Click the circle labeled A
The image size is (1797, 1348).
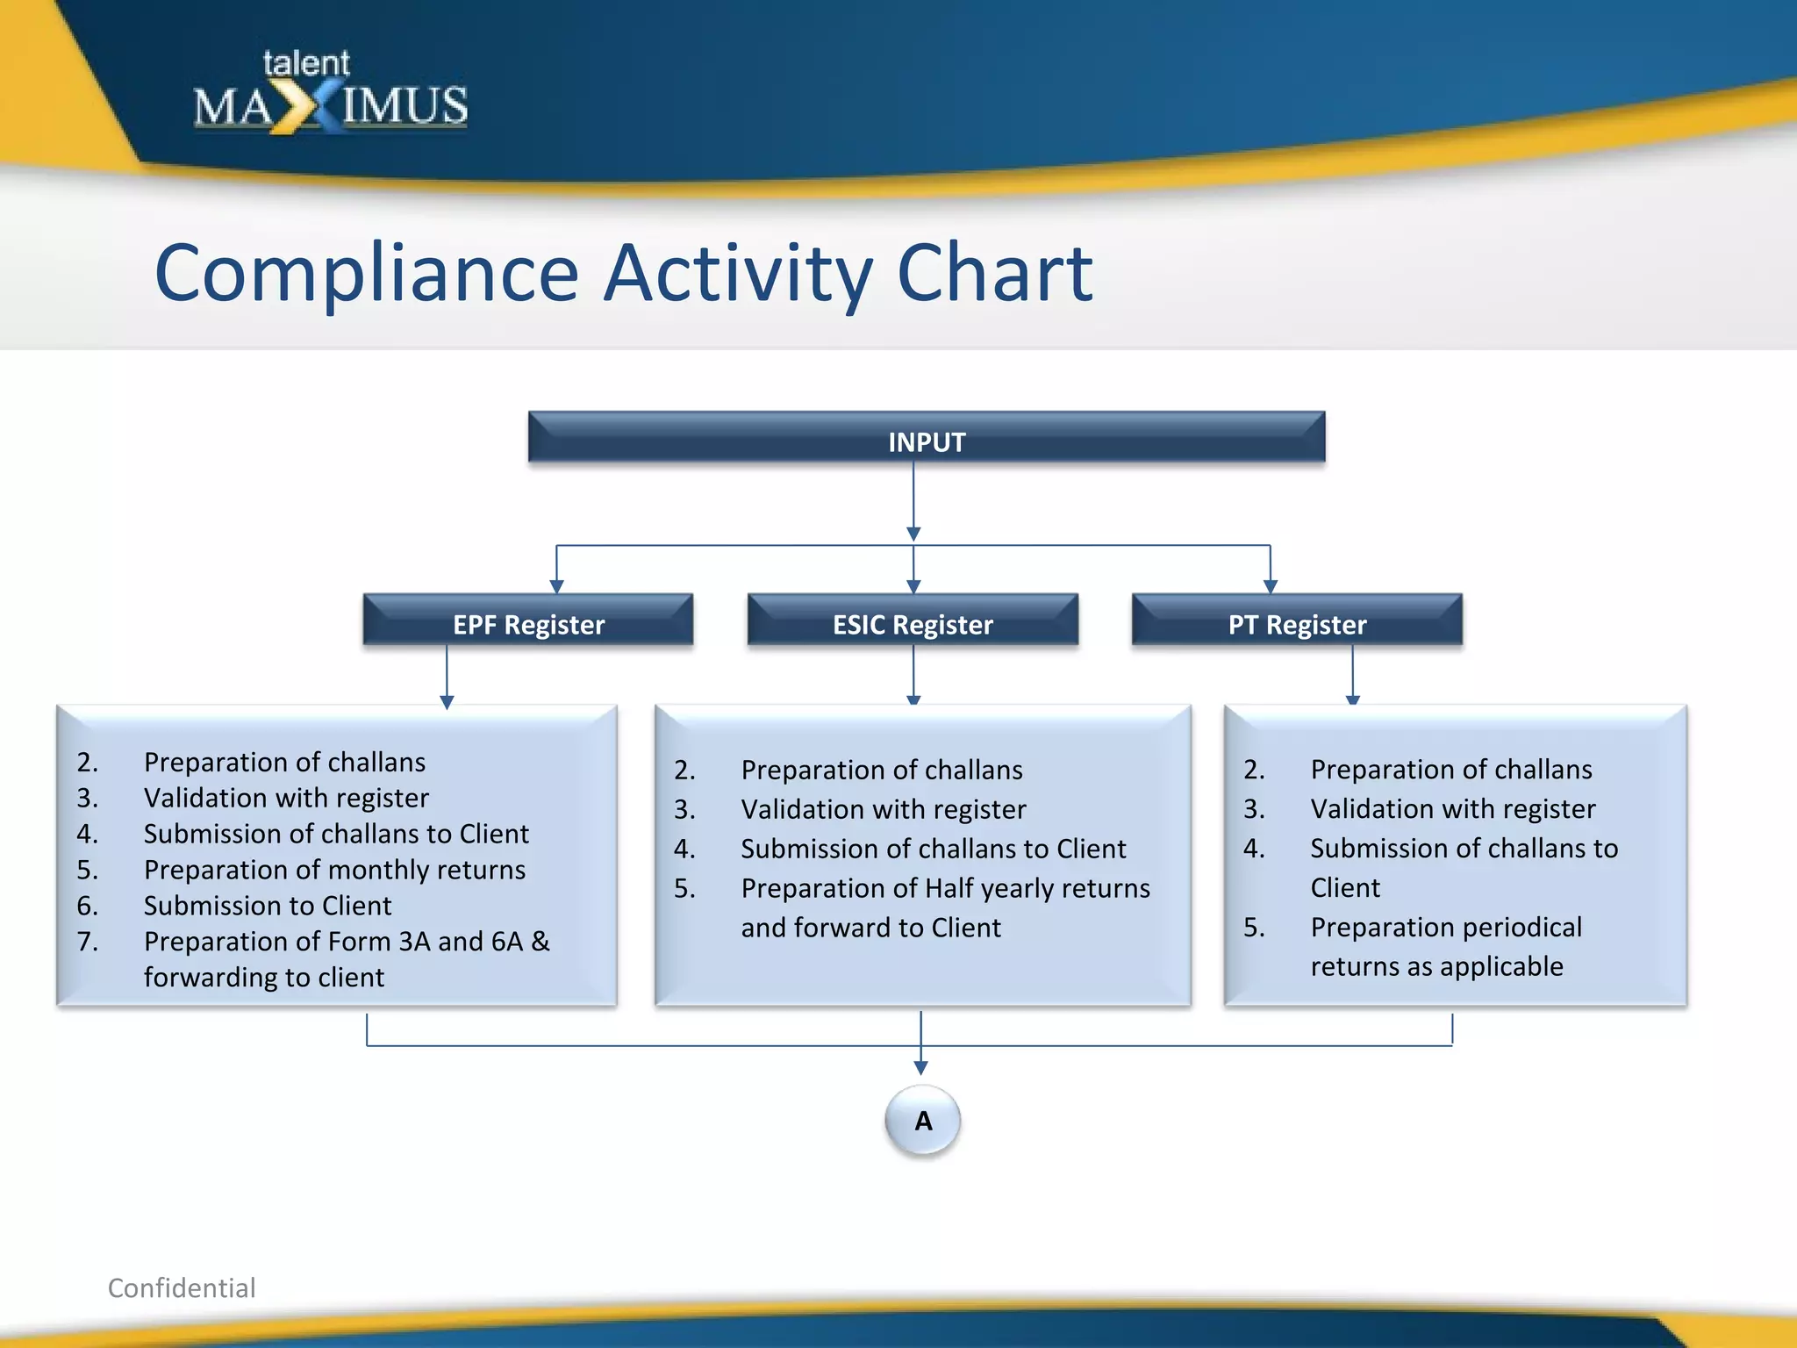pos(922,1120)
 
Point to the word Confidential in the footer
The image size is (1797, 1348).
pos(182,1287)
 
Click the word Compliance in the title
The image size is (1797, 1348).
pos(367,274)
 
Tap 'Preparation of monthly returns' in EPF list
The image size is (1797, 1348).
pos(334,869)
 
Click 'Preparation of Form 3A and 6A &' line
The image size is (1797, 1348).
pos(347,941)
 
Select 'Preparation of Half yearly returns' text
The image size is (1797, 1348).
pos(945,888)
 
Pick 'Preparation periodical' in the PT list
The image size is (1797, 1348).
pos(1446,927)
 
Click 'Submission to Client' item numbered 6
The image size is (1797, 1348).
pos(268,905)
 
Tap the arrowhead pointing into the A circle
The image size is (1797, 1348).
pos(920,1068)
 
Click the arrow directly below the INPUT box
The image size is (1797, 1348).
pos(913,533)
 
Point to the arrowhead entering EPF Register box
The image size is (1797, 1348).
pos(556,586)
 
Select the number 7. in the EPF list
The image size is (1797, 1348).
pos(88,941)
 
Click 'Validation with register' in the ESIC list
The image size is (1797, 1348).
pos(883,808)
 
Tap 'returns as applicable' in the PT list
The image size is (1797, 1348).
pos(1436,966)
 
